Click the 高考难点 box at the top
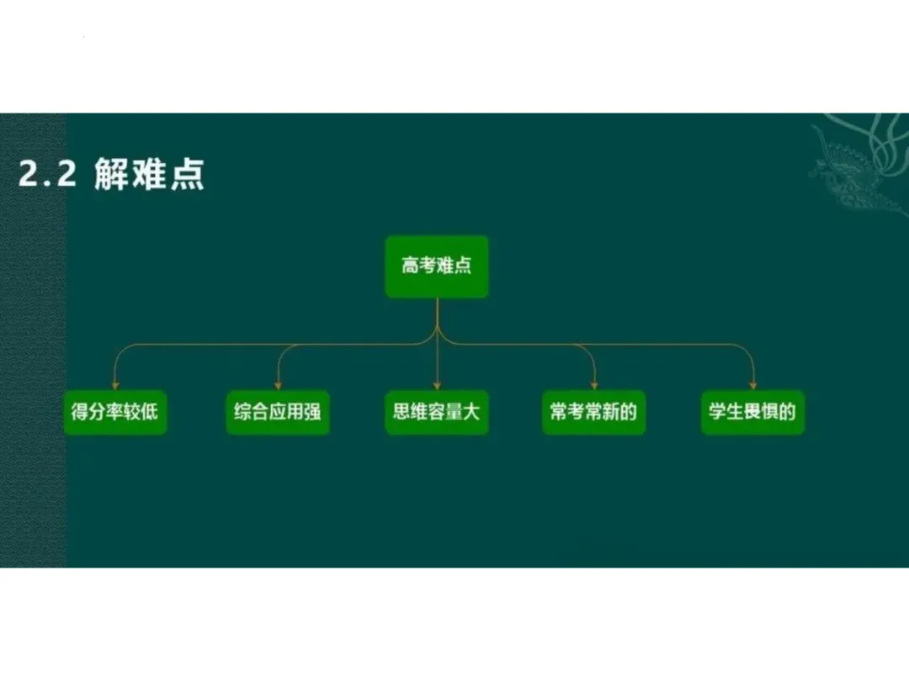pyautogui.click(x=437, y=267)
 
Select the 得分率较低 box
pyautogui.click(x=115, y=413)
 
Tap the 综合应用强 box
pyautogui.click(x=278, y=413)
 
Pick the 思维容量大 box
pyautogui.click(x=437, y=413)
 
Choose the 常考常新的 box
pyautogui.click(x=594, y=413)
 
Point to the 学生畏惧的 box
pyautogui.click(x=752, y=413)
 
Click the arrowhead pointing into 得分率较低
pyautogui.click(x=115, y=385)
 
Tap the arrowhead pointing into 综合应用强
pyautogui.click(x=278, y=385)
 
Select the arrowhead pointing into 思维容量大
pyautogui.click(x=437, y=385)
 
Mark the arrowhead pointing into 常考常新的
pyautogui.click(x=595, y=385)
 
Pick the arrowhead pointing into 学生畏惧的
pyautogui.click(x=752, y=385)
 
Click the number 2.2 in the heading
pyautogui.click(x=47, y=175)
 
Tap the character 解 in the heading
pyautogui.click(x=112, y=175)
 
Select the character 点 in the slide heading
pyautogui.click(x=187, y=175)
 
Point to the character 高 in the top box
pyautogui.click(x=412, y=267)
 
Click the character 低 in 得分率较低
pyautogui.click(x=149, y=413)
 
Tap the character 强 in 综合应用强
pyautogui.click(x=312, y=413)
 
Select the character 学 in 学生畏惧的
pyautogui.click(x=718, y=413)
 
